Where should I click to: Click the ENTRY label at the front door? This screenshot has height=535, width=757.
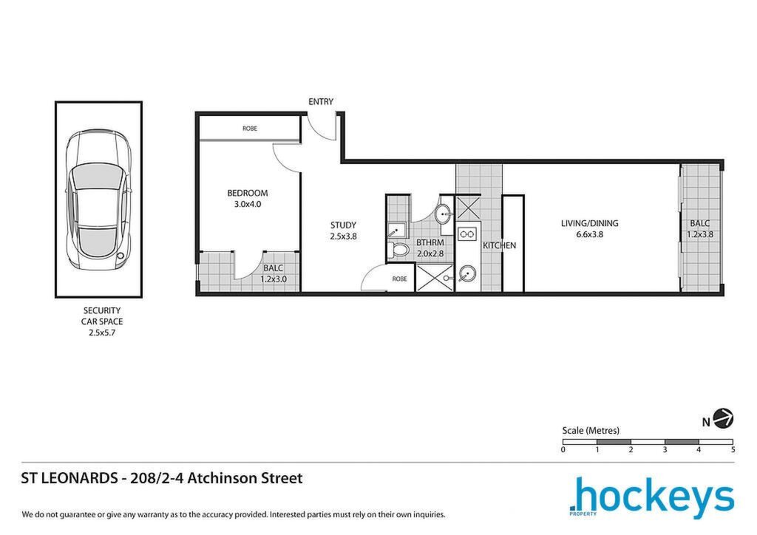pyautogui.click(x=321, y=102)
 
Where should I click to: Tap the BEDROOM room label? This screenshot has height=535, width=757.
pyautogui.click(x=247, y=193)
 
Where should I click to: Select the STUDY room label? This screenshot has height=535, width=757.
pyautogui.click(x=343, y=225)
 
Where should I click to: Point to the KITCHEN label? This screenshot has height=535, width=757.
pyautogui.click(x=499, y=245)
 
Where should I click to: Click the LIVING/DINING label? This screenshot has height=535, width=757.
pyautogui.click(x=589, y=223)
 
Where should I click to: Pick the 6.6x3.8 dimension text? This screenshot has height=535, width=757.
pyautogui.click(x=589, y=235)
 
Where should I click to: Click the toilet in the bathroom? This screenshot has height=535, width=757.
pyautogui.click(x=398, y=251)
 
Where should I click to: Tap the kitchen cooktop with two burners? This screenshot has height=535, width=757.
pyautogui.click(x=467, y=234)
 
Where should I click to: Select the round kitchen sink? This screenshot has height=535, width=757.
pyautogui.click(x=467, y=274)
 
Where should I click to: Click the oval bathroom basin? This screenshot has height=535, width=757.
pyautogui.click(x=443, y=214)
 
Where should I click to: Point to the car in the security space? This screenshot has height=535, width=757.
pyautogui.click(x=98, y=200)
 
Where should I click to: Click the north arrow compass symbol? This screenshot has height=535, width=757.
pyautogui.click(x=723, y=418)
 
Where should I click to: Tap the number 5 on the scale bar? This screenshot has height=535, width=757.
pyautogui.click(x=733, y=449)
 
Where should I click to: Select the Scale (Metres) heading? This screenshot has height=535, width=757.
pyautogui.click(x=591, y=430)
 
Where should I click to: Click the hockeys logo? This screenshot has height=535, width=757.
pyautogui.click(x=652, y=497)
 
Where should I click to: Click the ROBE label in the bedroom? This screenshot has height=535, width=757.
pyautogui.click(x=250, y=129)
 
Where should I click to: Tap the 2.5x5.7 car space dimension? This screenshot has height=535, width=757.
pyautogui.click(x=102, y=333)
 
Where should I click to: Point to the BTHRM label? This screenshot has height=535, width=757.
pyautogui.click(x=430, y=242)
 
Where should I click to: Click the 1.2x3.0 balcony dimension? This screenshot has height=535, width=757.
pyautogui.click(x=274, y=279)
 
